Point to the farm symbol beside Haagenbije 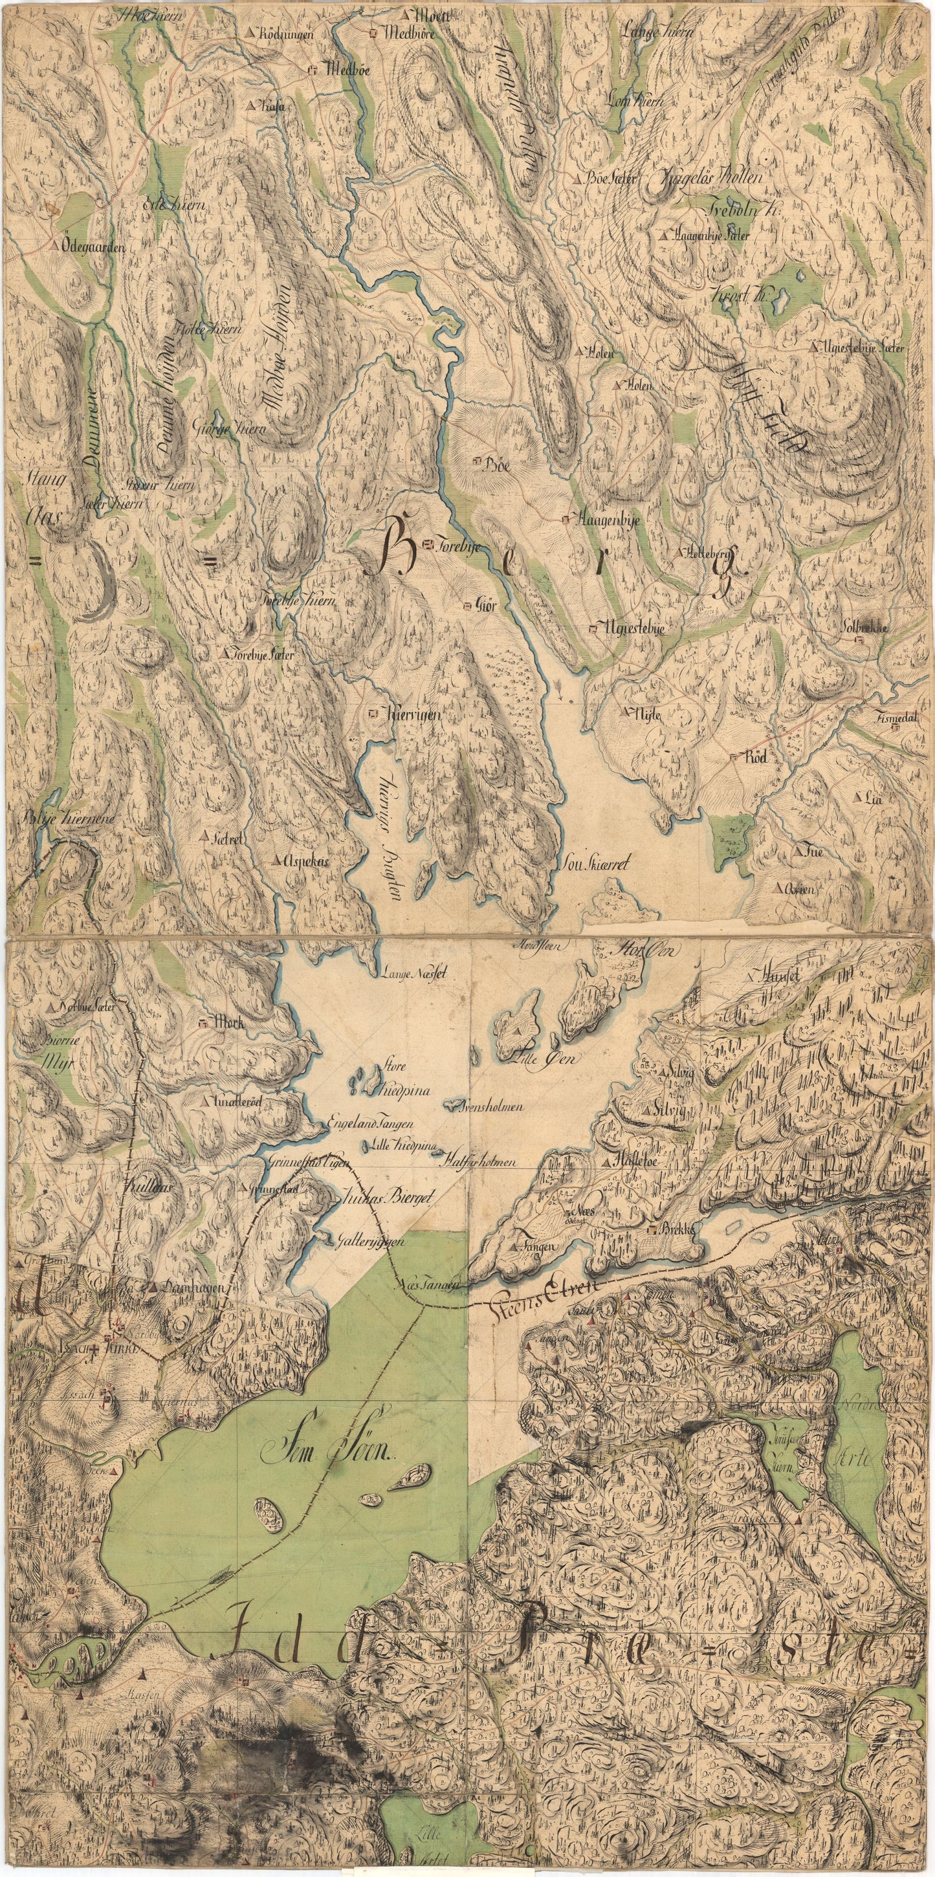[x=566, y=520]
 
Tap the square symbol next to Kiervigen [x=374, y=715]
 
